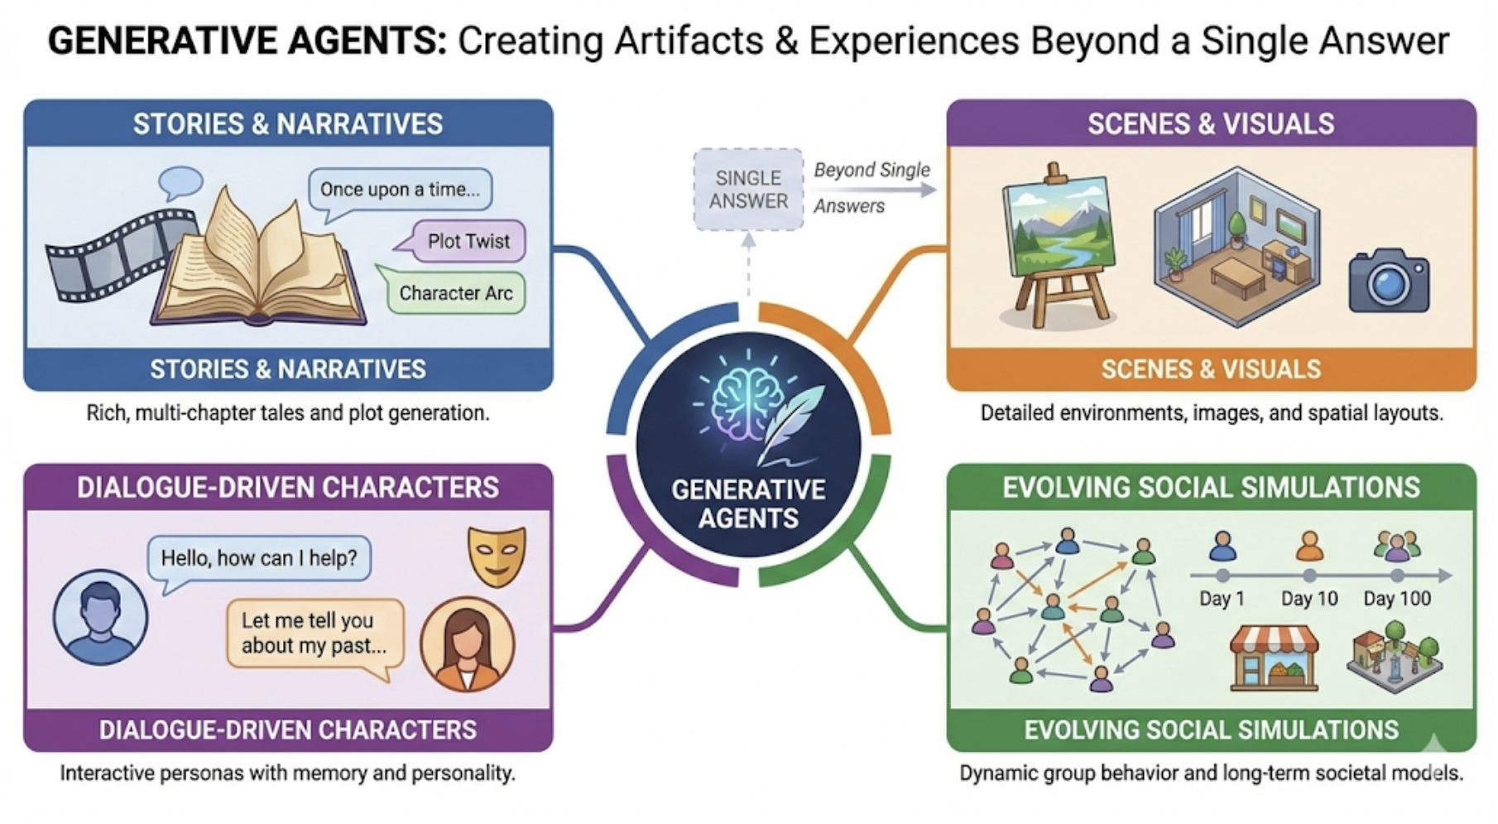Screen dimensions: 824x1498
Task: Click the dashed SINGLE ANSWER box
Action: (748, 190)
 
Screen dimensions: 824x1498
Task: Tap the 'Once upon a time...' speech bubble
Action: (400, 189)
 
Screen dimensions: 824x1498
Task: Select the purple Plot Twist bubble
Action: (468, 241)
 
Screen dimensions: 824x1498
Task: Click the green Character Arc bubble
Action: (455, 293)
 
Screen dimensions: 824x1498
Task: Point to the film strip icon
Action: (116, 253)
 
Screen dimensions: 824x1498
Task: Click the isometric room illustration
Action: (1236, 240)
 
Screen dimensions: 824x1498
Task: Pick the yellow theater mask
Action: (497, 555)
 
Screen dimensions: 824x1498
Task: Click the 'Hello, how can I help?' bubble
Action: (259, 558)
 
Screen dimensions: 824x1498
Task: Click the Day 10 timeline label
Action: (1308, 599)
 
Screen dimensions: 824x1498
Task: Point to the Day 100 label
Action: (1397, 599)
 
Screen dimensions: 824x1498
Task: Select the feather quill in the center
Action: (790, 422)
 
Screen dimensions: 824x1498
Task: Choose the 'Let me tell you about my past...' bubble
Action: (314, 634)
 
